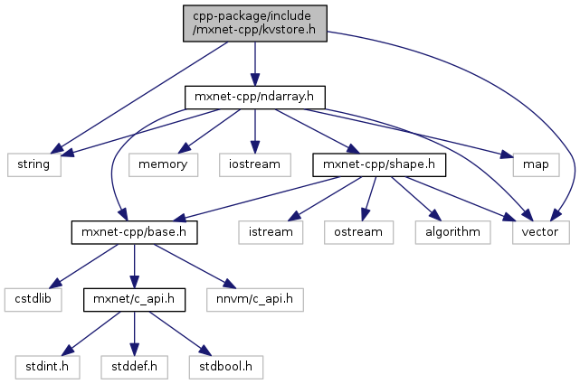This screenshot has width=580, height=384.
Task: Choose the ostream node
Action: click(x=359, y=232)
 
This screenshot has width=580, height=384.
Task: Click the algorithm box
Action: click(x=453, y=232)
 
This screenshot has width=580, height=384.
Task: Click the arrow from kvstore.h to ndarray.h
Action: click(x=254, y=63)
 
